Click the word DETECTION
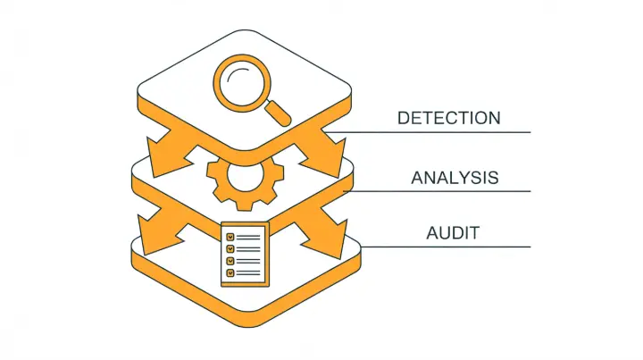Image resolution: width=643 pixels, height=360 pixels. coord(448,118)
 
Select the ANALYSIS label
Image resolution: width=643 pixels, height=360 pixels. coord(455,178)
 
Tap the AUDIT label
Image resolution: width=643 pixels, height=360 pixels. coord(453,233)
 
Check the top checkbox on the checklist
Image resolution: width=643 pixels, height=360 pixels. coord(230,237)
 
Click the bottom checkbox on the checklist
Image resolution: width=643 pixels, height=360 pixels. coord(230,271)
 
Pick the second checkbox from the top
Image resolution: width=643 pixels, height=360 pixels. coord(230,248)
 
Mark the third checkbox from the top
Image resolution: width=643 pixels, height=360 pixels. coord(230,260)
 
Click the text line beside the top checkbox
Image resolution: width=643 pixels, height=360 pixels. coord(251,237)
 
